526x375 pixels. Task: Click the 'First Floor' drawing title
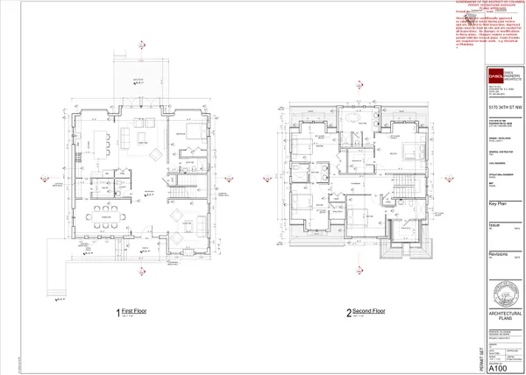coord(135,311)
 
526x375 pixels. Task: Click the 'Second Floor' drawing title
coord(368,311)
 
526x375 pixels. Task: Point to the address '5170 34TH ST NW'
coord(505,106)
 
